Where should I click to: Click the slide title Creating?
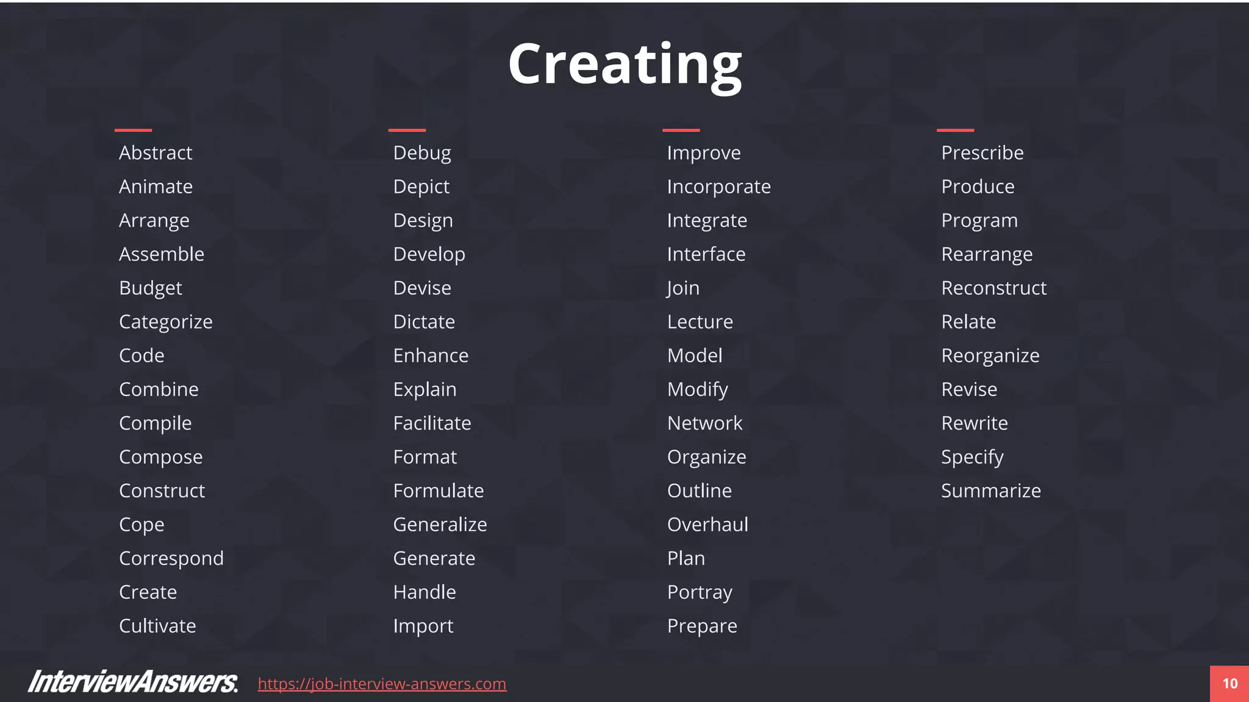point(624,65)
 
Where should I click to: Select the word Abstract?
point(156,152)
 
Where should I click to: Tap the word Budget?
point(151,288)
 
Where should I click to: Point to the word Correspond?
point(171,558)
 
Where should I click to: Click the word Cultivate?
point(157,626)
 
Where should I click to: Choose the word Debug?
point(422,152)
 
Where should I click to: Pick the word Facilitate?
point(432,423)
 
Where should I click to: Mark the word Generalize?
point(440,524)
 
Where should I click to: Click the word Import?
point(423,626)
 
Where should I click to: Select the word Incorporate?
point(718,186)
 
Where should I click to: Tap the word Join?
point(683,288)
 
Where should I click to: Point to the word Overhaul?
point(707,524)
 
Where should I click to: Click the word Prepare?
point(702,626)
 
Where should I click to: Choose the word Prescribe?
point(982,152)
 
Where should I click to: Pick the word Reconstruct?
point(993,288)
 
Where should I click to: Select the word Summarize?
point(990,491)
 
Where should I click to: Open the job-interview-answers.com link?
point(382,684)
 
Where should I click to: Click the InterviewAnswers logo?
point(133,682)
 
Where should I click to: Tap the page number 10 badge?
point(1229,684)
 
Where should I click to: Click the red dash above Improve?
point(681,130)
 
